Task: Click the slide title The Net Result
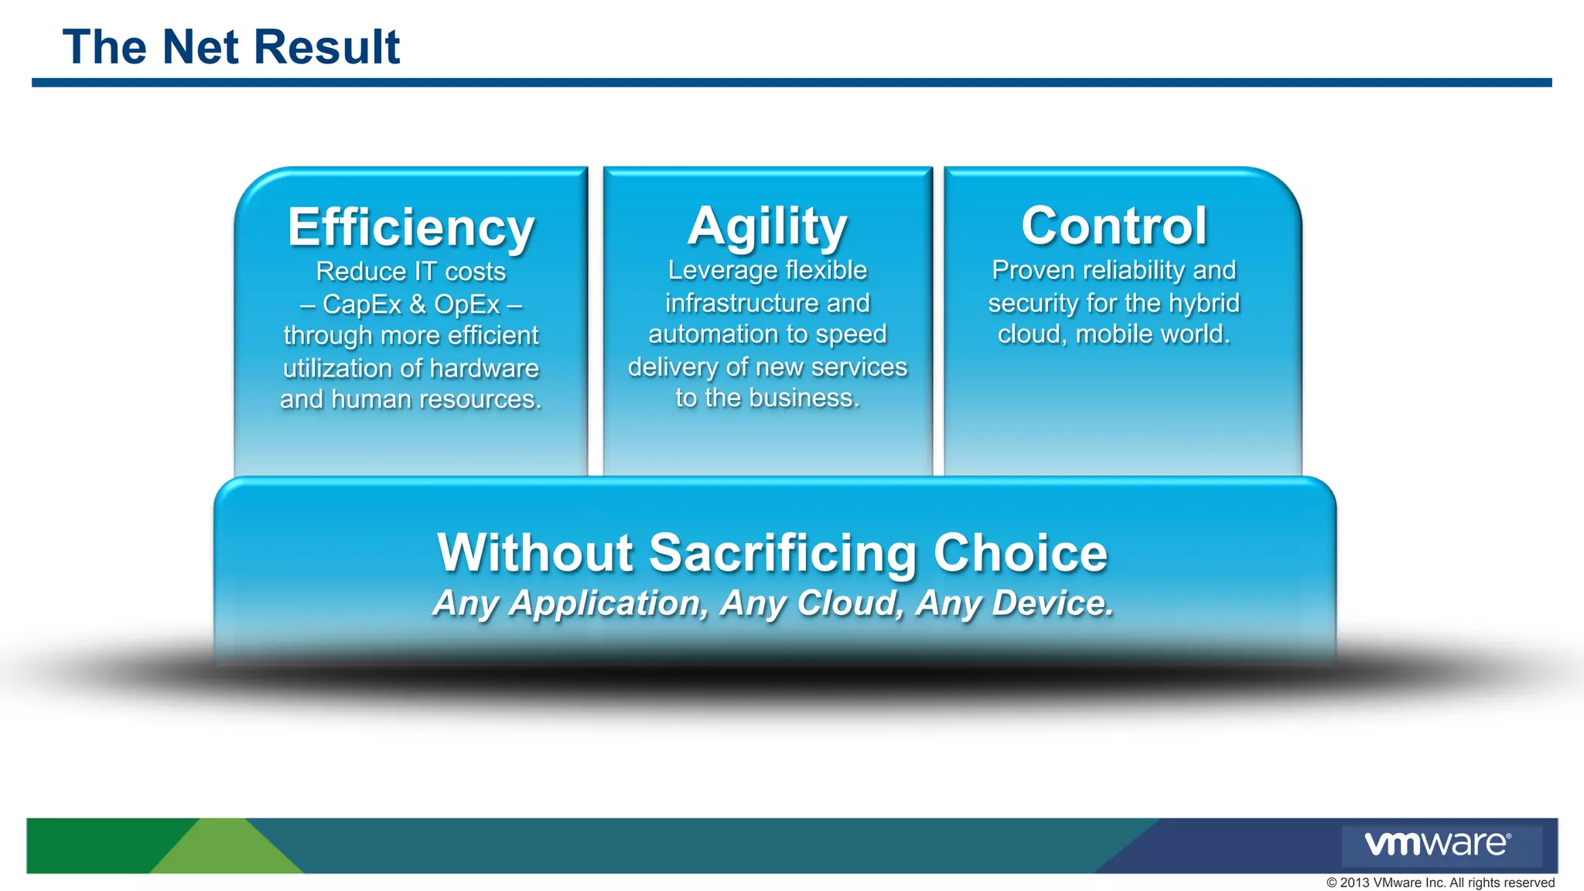[x=230, y=47]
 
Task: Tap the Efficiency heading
[x=411, y=227]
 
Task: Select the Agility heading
[x=767, y=226]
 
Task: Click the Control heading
[x=1114, y=226]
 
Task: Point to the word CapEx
[x=362, y=305]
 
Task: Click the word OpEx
[x=467, y=305]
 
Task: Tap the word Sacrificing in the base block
[x=783, y=553]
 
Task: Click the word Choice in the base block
[x=1020, y=553]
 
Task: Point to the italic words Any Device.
[x=1014, y=603]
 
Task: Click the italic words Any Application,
[x=570, y=603]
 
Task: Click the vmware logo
[x=1437, y=844]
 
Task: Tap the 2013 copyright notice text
[x=1440, y=882]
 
